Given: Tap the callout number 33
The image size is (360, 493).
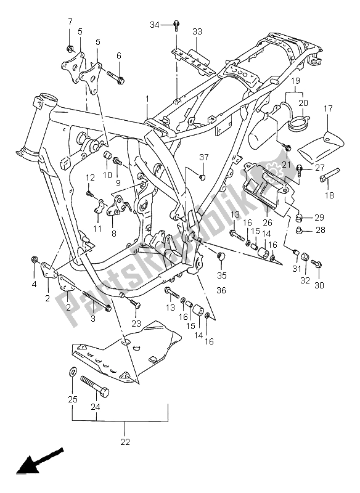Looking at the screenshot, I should coord(197,31).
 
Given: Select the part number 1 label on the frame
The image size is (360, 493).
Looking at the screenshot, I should coord(147,99).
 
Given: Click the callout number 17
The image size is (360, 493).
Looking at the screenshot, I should coord(328,109).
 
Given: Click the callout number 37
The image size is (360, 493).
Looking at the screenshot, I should coord(203,157).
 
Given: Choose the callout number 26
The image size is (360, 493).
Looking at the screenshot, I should coord(266,222).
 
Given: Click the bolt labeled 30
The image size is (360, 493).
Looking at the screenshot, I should coord(317,264).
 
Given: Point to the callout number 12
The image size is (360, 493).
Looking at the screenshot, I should coord(89,177).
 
